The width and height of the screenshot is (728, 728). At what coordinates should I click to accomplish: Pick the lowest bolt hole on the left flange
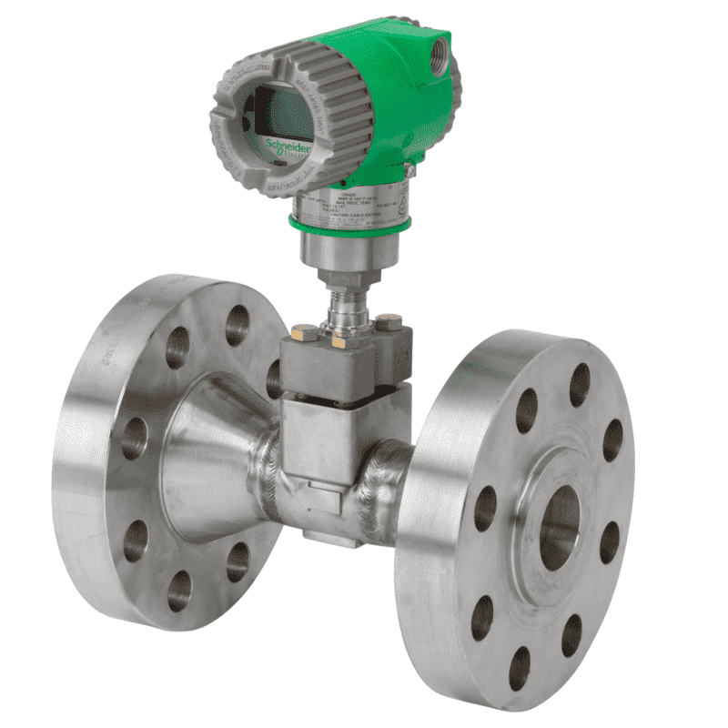pos(179,591)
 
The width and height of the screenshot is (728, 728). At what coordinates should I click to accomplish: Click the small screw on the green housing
pos(410,169)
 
